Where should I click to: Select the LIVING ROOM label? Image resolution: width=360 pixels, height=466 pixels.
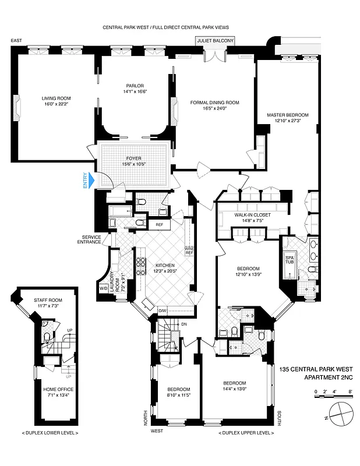[x=56, y=101]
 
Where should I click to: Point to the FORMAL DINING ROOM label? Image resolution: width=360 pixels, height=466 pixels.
[x=215, y=105]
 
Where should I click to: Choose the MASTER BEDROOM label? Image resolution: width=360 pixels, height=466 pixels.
[x=288, y=118]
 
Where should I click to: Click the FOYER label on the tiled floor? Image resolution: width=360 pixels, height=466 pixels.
[x=135, y=161]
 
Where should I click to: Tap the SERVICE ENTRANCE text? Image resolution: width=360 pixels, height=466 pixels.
[x=91, y=240]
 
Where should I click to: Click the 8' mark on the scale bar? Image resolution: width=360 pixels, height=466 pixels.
[x=350, y=392]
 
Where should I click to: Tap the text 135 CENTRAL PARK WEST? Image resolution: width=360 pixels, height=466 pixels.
[x=316, y=369]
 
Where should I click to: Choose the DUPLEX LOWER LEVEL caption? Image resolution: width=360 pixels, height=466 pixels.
[x=49, y=433]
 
